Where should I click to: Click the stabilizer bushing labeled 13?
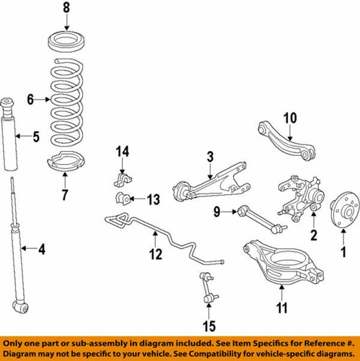tap(120, 199)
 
